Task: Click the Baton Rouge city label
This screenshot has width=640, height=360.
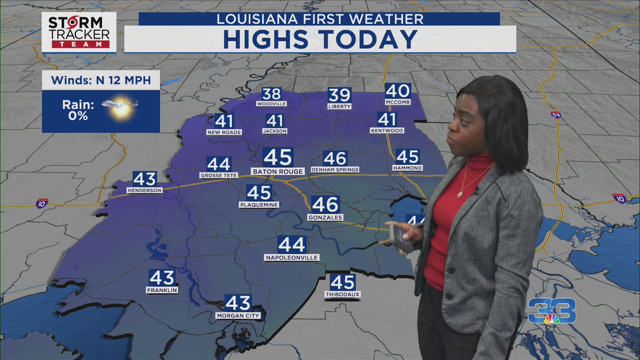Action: [x=278, y=171]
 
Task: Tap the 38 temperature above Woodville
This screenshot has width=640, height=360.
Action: [x=271, y=94]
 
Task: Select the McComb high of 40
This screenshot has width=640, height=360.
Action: [x=398, y=91]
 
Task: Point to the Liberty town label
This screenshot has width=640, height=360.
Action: [x=339, y=106]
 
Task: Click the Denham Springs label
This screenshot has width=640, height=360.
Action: [x=335, y=170]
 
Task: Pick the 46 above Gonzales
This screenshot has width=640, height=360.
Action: [x=325, y=204]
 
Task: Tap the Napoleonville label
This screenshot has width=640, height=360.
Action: [x=292, y=258]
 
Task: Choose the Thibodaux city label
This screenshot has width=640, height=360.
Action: [x=343, y=294]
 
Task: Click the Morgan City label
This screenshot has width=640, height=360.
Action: [x=238, y=315]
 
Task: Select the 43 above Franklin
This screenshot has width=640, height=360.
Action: [x=162, y=277]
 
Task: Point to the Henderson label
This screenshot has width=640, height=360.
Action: [x=144, y=190]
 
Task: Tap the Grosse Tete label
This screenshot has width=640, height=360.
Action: [x=219, y=175]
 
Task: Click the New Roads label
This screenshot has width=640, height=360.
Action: [x=224, y=132]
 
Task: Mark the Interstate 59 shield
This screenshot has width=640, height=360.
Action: [x=556, y=115]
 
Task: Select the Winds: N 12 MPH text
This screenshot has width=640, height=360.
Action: [x=101, y=80]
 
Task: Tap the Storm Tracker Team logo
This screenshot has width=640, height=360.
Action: [x=79, y=32]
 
